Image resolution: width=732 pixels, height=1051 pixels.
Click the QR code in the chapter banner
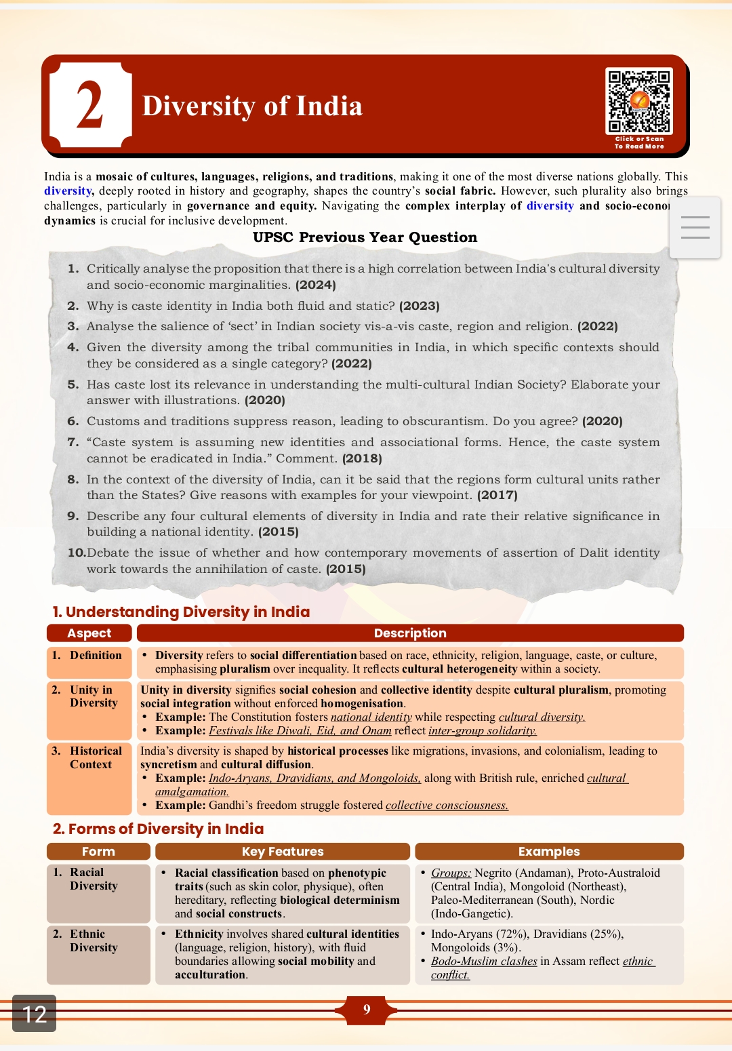coord(638,101)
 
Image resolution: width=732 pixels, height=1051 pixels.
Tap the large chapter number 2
coord(90,105)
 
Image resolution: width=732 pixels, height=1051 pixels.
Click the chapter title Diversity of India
coord(252,106)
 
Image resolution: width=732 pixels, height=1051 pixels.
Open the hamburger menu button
coord(695,227)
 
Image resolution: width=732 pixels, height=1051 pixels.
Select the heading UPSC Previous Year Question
coord(365,237)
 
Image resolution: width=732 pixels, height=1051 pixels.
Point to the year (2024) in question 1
coord(316,285)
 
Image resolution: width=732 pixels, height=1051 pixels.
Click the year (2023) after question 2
coord(420,306)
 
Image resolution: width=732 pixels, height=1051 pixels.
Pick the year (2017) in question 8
coord(497,495)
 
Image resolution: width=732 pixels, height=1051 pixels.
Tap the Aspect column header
coord(89,633)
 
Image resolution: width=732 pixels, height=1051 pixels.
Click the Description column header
coord(410,633)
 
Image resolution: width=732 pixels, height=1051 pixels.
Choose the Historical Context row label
coord(95,757)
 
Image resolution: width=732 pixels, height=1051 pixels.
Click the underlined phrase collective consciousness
coord(447,806)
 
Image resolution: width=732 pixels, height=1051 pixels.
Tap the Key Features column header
coord(283,852)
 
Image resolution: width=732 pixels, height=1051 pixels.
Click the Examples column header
coord(549,852)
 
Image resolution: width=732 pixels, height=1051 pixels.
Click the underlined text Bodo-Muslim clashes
coord(484,961)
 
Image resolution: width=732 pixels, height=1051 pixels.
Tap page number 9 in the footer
coord(367,1010)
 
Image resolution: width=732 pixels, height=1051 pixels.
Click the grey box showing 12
coord(34,1014)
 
